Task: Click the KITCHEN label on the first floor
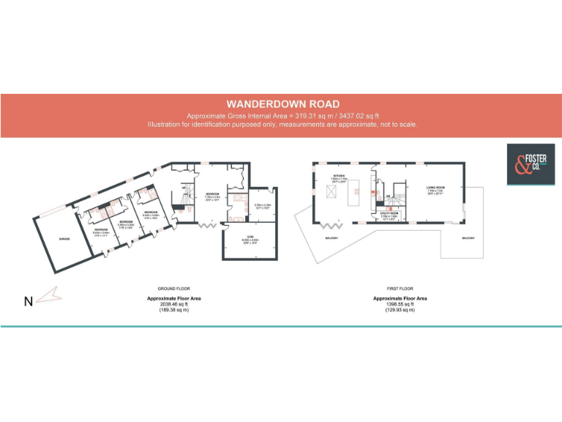point(339,177)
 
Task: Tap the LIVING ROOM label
point(437,188)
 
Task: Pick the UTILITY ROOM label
point(389,213)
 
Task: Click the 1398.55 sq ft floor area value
point(400,304)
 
